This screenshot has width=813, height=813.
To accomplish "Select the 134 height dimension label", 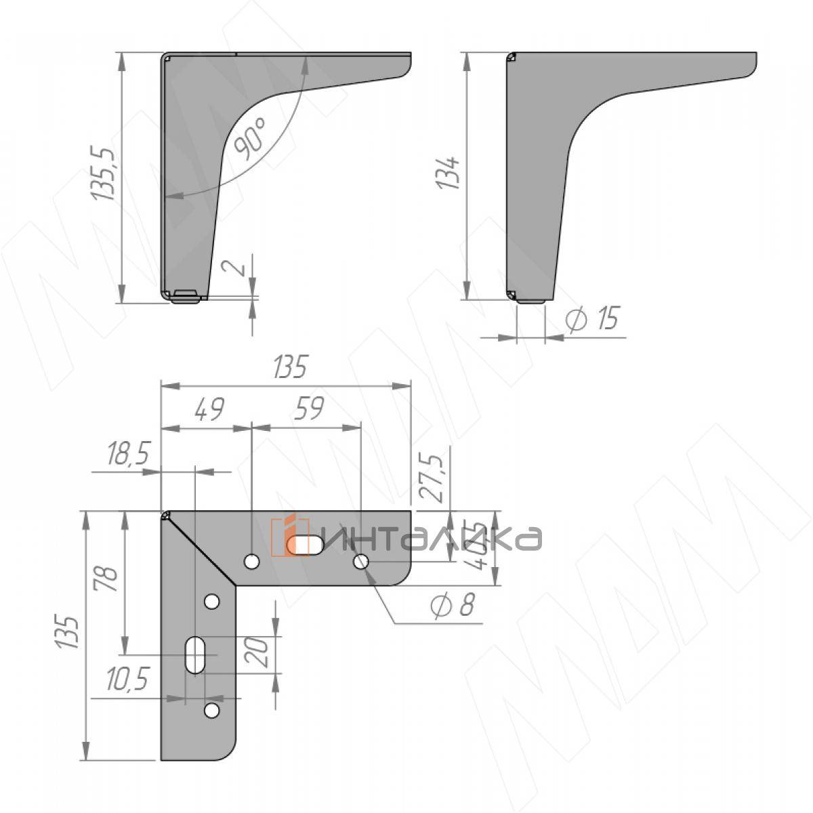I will [x=450, y=173].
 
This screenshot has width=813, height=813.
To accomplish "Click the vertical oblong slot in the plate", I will [x=195, y=654].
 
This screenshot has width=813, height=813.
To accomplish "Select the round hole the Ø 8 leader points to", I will [x=361, y=561].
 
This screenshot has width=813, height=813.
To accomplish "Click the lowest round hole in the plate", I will [x=211, y=710].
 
